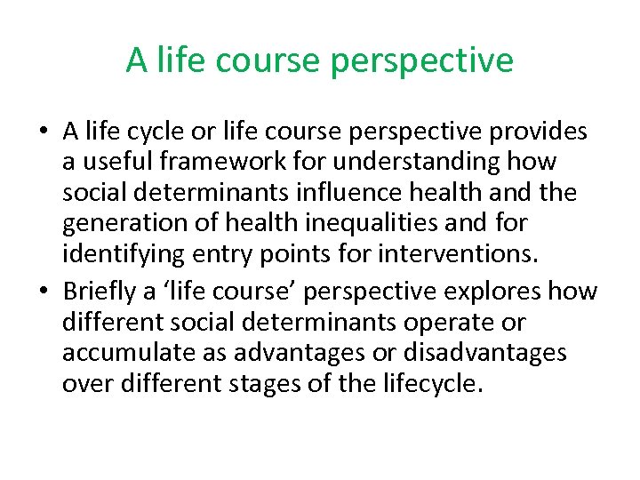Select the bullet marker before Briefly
click(43, 292)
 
